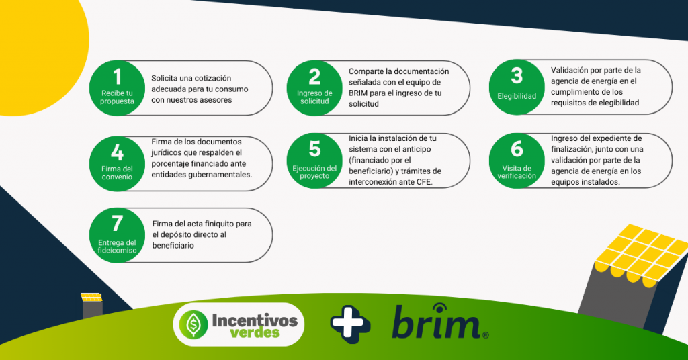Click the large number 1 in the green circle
pos(117,77)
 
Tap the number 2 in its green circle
pos(314,77)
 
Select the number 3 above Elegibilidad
pos(517,75)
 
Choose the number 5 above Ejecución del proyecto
pos(314,149)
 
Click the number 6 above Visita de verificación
pos(517,149)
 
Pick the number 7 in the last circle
pos(117,224)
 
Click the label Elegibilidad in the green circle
pos(517,96)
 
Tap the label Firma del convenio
pos(117,173)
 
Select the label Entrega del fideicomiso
pos(117,246)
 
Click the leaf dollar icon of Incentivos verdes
pos(193,324)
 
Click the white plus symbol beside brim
pos(349,324)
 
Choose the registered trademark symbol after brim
pos(485,335)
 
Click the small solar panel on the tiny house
pos(91,297)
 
